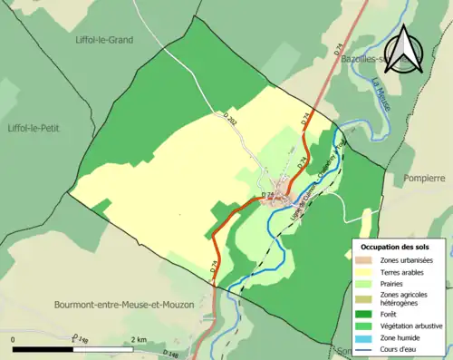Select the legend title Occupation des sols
coord(401,247)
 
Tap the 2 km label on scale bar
coord(139,339)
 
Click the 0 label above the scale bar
coord(14,339)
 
